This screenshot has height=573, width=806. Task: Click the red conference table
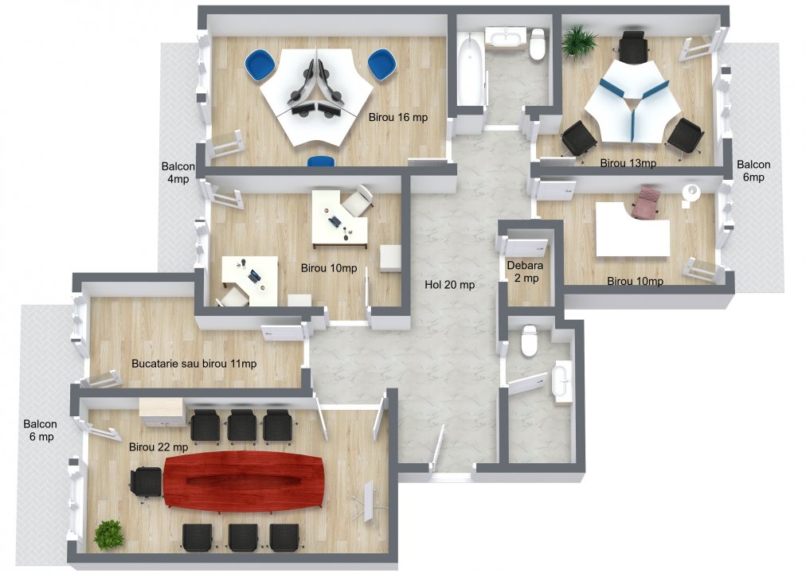[244, 480]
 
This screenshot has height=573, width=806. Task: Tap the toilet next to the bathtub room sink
[538, 45]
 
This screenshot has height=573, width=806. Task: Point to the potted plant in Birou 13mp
[579, 41]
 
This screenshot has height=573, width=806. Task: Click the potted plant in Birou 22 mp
[109, 534]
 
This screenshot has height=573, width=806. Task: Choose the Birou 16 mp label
[398, 117]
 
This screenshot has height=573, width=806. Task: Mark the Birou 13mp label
[628, 163]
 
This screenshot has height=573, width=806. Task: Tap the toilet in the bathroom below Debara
[528, 343]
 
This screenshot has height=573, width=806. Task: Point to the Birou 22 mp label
[158, 447]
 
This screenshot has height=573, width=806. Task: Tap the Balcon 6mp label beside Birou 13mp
[753, 171]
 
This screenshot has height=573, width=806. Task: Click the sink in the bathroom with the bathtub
[506, 37]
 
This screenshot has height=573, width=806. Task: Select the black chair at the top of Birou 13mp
[633, 47]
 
